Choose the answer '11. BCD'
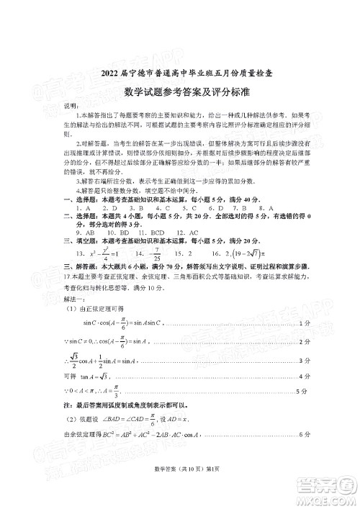(x=150, y=233)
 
